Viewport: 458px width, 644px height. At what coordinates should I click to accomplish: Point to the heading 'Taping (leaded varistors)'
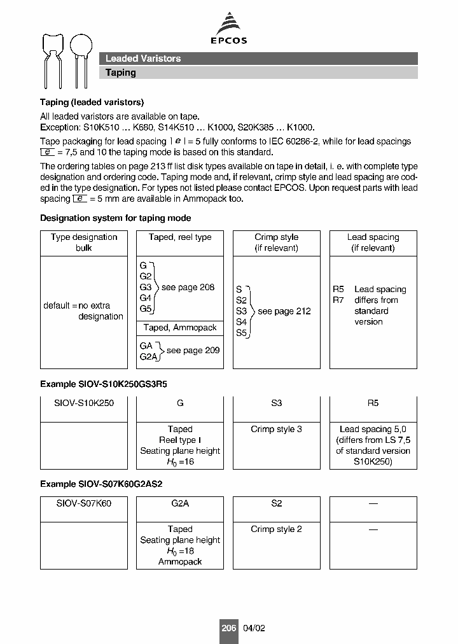(x=92, y=102)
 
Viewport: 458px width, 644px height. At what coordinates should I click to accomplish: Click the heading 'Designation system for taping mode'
(x=115, y=218)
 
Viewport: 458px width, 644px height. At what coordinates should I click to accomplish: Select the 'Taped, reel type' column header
(x=180, y=237)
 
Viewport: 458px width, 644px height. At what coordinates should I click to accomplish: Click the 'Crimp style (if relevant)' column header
(x=276, y=242)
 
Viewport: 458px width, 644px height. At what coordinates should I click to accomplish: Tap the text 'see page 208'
(x=188, y=287)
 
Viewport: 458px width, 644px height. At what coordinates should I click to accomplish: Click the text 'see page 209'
(x=193, y=351)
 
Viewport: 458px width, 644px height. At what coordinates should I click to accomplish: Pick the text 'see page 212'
(x=284, y=311)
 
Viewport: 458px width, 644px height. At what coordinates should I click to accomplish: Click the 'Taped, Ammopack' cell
(x=180, y=328)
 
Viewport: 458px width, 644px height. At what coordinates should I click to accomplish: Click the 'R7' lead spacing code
(x=338, y=300)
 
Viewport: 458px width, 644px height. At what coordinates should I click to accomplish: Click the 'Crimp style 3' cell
(x=276, y=429)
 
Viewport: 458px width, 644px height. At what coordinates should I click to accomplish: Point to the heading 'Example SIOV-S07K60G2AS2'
(x=101, y=484)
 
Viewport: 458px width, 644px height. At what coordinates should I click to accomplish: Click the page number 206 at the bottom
(x=228, y=627)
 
